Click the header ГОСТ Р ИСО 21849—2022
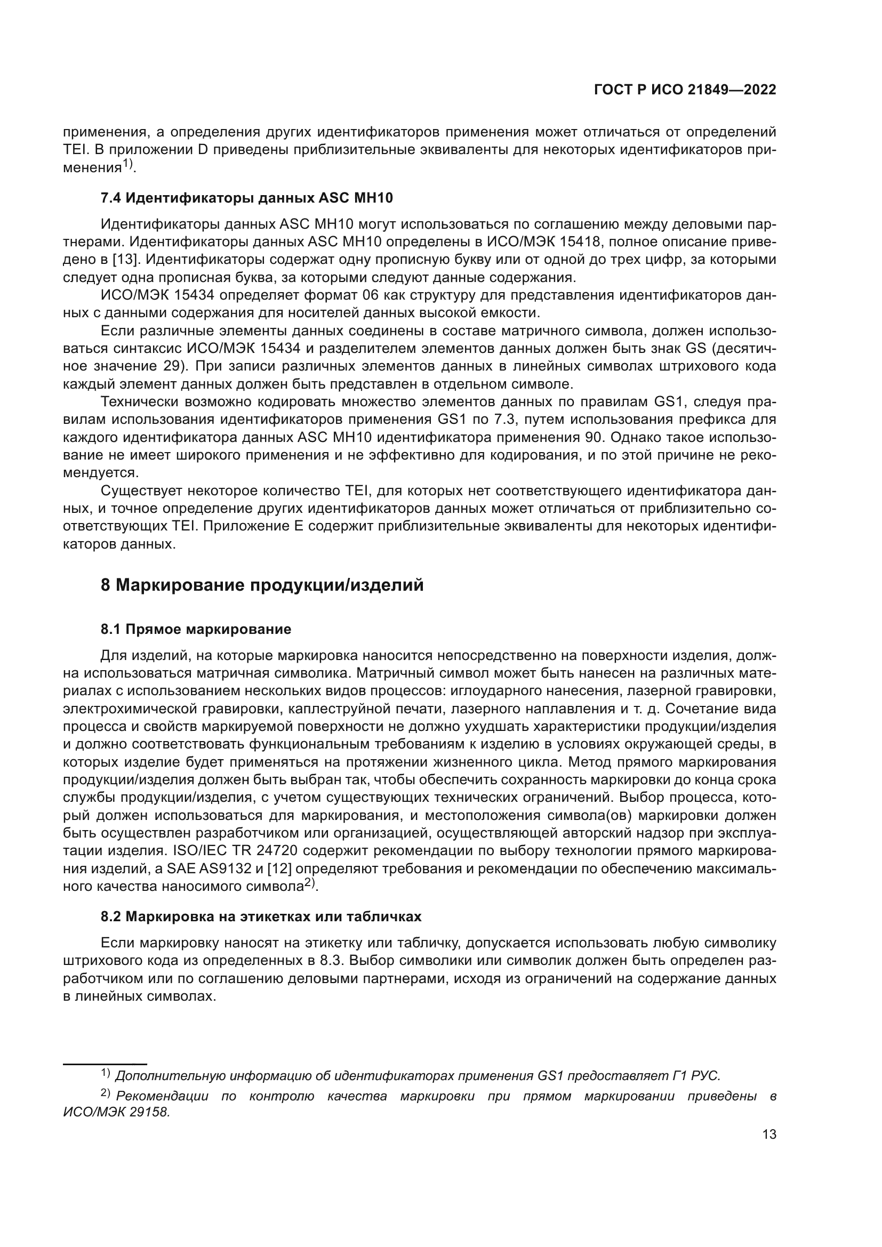685,90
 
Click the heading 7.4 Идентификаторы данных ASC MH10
246,198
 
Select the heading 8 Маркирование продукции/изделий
262,585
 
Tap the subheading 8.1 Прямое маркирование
196,629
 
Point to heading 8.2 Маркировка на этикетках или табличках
261,916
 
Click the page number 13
769,1134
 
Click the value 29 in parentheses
172,366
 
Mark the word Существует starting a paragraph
142,491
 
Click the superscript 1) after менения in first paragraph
128,164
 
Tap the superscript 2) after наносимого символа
310,883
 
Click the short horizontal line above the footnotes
105,1061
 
